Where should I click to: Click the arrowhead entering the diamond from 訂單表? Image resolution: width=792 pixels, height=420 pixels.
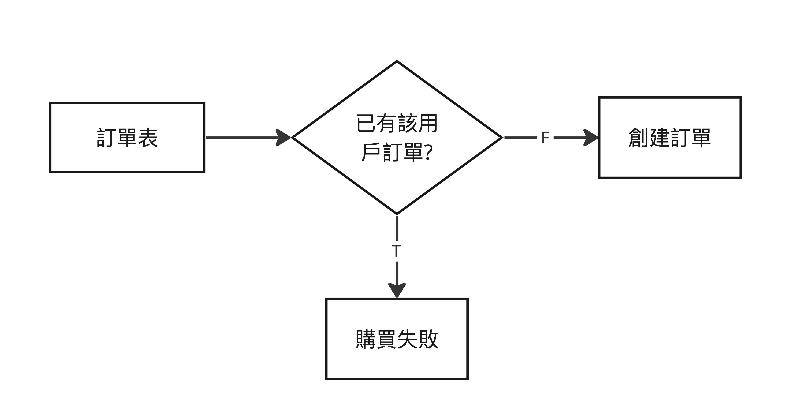[283, 137]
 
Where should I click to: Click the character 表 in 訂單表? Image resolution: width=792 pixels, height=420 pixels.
[148, 138]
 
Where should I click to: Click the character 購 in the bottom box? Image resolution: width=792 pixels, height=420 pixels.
[366, 339]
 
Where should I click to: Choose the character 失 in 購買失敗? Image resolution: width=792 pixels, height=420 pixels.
[407, 339]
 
